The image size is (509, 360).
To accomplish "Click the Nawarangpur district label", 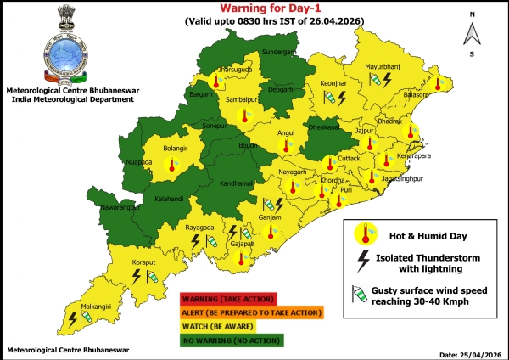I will coord(115,205).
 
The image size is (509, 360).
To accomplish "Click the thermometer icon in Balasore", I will coord(440,83).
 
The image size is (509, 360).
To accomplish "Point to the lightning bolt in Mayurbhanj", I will coord(389,79).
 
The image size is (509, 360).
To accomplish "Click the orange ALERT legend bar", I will coord(251,312).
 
